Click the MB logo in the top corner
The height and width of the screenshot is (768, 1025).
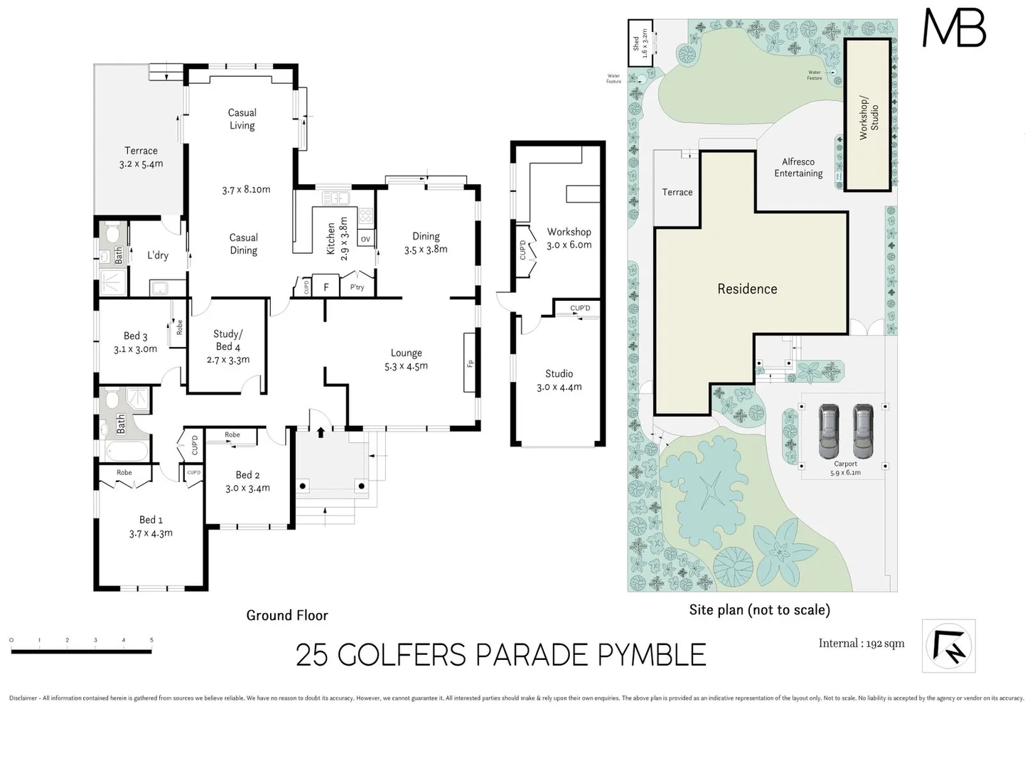click(x=953, y=28)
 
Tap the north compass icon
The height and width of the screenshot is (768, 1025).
click(x=948, y=645)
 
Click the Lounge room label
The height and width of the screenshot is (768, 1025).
click(x=406, y=353)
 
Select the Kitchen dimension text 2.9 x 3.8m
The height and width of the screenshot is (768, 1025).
click(x=344, y=239)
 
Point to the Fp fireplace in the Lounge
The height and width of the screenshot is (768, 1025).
click(x=470, y=363)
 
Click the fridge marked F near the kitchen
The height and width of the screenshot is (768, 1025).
click(x=326, y=287)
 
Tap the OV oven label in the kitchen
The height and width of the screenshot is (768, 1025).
click(x=365, y=239)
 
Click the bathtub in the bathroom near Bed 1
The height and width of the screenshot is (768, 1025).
click(x=127, y=451)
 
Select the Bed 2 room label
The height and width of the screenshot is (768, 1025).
click(x=247, y=475)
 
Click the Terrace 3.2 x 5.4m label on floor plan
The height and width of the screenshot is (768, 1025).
click(x=141, y=157)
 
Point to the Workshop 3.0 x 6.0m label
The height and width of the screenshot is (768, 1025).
click(x=569, y=238)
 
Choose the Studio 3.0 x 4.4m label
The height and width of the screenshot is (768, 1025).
click(x=559, y=380)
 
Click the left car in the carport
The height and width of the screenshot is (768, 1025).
click(x=829, y=431)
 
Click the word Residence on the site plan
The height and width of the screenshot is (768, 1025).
click(x=746, y=289)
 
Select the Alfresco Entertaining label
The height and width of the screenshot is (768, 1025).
click(x=798, y=168)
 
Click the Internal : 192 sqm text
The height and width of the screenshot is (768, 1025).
click(x=861, y=644)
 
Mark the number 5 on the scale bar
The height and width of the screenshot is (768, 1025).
click(x=151, y=640)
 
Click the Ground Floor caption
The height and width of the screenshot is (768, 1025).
click(x=287, y=615)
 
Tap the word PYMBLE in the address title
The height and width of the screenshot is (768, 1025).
click(x=651, y=655)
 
